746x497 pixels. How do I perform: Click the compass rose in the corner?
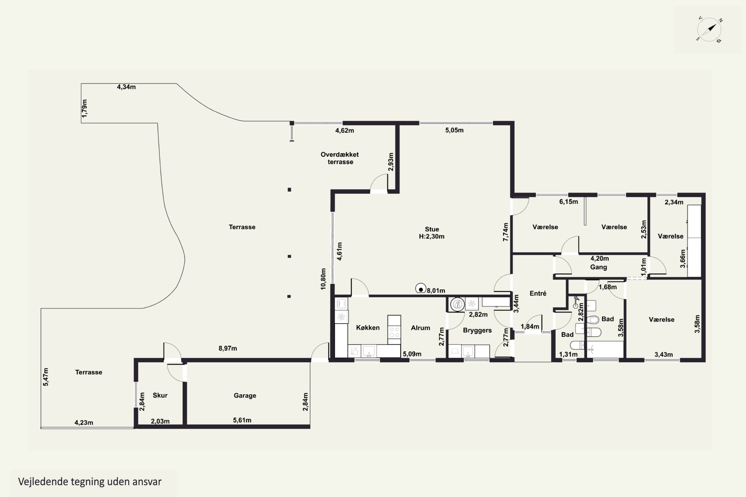[709, 30]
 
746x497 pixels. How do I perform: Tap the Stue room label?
[432, 229]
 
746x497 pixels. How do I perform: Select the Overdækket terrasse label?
[340, 158]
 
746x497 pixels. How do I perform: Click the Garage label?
[245, 396]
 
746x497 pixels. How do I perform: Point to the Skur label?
[160, 395]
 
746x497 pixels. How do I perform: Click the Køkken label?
[368, 328]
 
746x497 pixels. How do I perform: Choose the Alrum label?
[420, 328]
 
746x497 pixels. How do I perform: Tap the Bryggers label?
[477, 330]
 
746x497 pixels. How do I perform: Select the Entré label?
[538, 293]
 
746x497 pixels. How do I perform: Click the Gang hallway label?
[599, 267]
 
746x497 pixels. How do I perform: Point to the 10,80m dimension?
[323, 279]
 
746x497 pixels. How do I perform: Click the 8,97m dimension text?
[228, 348]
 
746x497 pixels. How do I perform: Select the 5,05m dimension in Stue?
[454, 130]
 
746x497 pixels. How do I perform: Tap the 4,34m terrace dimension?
[126, 87]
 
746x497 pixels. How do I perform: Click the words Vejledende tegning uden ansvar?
[90, 482]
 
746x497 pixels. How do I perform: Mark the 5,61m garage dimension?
[242, 420]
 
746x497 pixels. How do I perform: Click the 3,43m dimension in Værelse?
[663, 355]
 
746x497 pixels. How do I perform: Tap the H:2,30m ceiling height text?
[431, 237]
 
